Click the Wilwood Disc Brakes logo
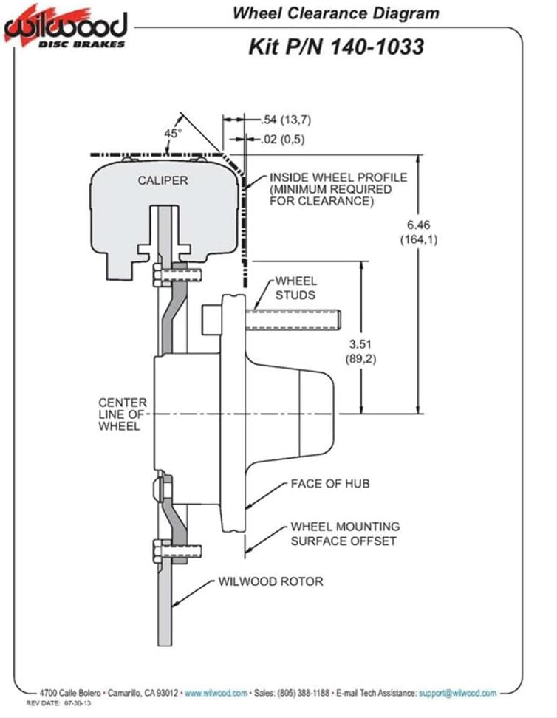[65, 27]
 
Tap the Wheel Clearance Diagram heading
[336, 13]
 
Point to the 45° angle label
[173, 133]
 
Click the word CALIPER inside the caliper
[163, 180]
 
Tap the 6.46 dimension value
[418, 225]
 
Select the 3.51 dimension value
[360, 344]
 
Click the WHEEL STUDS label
[295, 288]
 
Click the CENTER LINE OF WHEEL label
[123, 414]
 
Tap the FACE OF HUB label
[329, 484]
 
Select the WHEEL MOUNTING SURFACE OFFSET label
[345, 534]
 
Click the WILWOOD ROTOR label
[270, 581]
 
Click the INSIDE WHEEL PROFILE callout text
[338, 189]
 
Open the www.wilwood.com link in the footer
[216, 694]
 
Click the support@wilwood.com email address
[457, 694]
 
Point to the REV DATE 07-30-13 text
[58, 703]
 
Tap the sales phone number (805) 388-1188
[303, 694]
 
